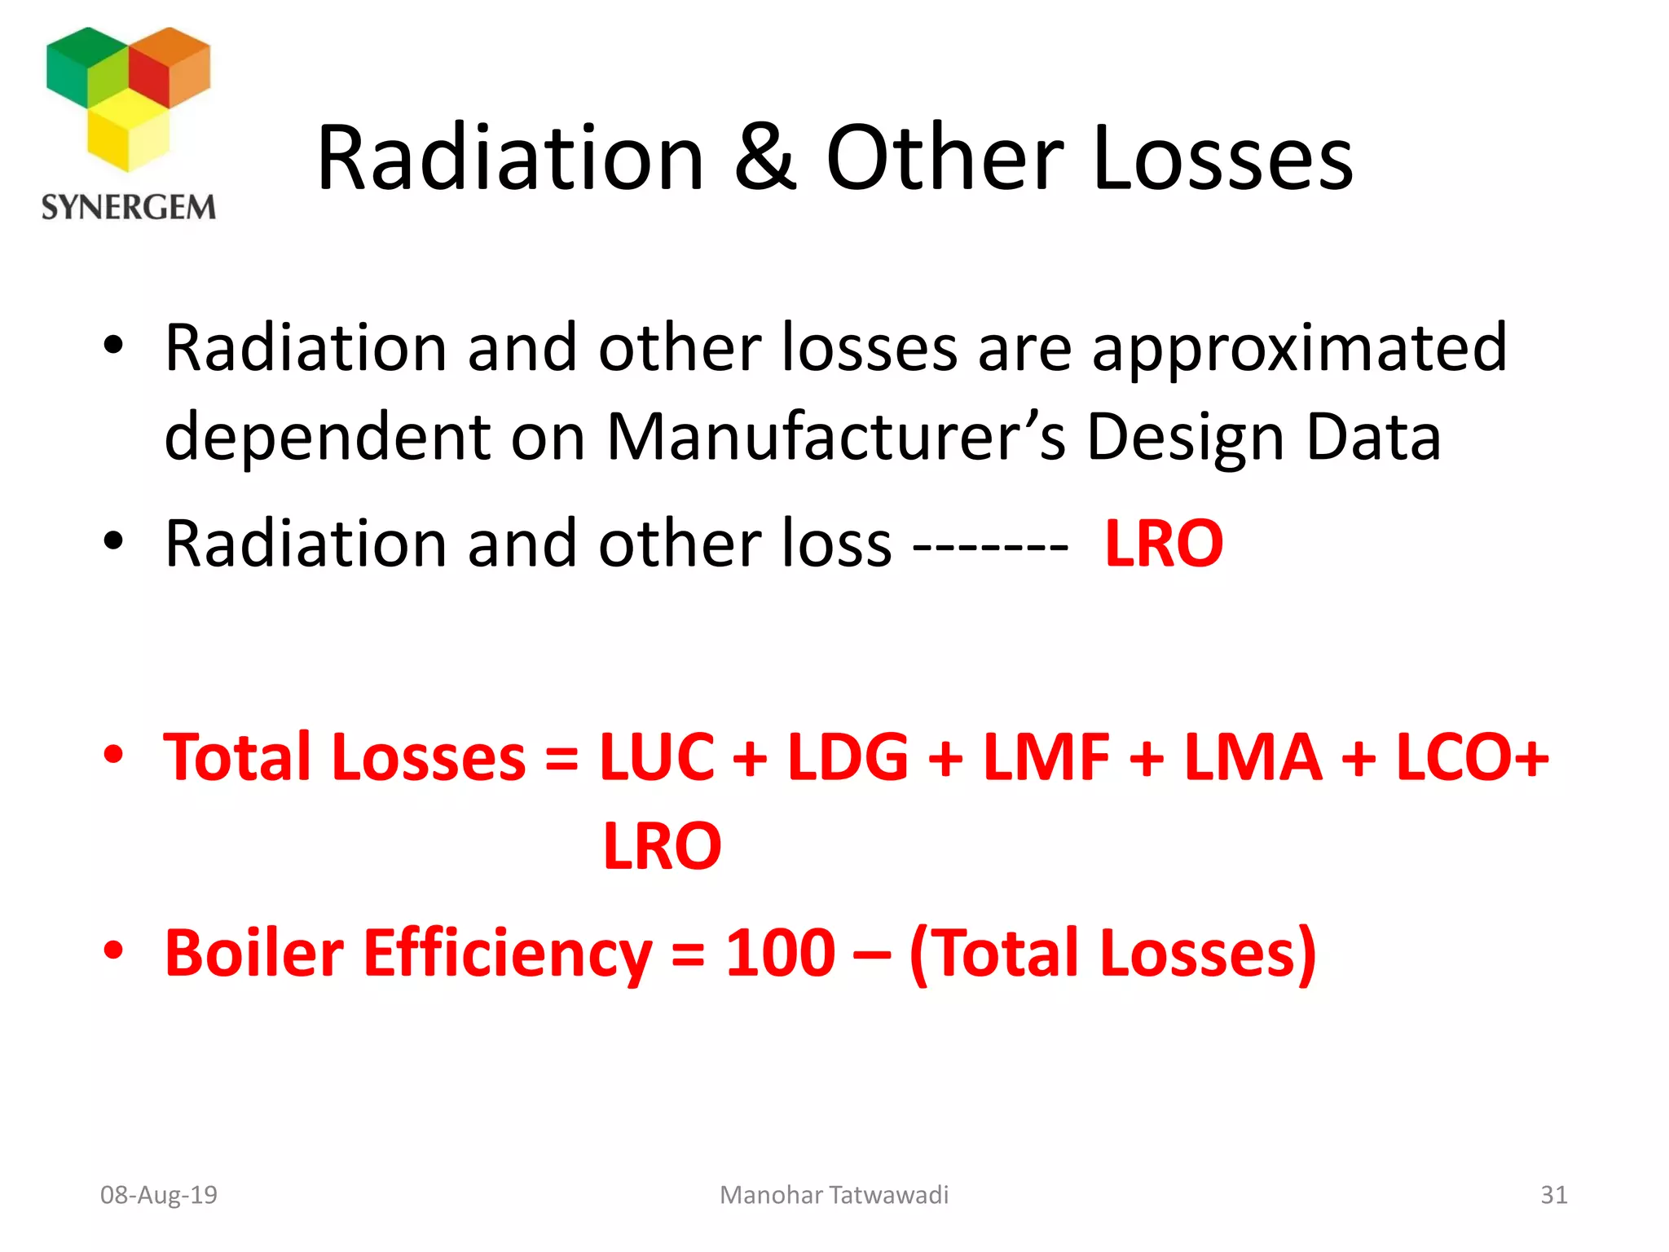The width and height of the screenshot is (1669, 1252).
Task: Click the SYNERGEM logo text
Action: (129, 207)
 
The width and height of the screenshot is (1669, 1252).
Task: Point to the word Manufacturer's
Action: (836, 438)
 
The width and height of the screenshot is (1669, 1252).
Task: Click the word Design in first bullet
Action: (1186, 438)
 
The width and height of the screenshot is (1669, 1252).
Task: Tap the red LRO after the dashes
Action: (1164, 544)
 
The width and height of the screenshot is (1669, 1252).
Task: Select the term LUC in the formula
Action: (657, 757)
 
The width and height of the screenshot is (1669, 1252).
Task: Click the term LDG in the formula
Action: (848, 757)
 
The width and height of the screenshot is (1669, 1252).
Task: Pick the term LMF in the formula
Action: (1046, 757)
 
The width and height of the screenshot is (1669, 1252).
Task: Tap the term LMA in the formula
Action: (1253, 757)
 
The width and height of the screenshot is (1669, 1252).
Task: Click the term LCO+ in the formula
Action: (1472, 757)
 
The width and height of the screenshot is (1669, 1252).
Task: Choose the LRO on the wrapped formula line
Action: (662, 847)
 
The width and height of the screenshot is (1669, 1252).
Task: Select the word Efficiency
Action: (507, 954)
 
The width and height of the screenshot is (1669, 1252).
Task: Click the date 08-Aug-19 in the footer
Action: (159, 1195)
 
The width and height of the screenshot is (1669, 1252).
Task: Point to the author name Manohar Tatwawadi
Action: (834, 1195)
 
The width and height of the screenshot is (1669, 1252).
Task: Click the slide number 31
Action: (1553, 1195)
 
